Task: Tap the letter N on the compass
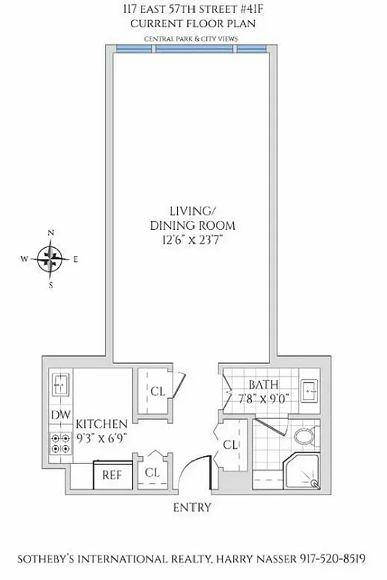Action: coord(51,233)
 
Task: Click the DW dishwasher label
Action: coord(60,415)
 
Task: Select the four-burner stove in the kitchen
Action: coord(60,442)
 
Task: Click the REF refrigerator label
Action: coord(111,475)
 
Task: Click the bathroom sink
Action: coord(311,389)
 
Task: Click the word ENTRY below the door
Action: coord(192,507)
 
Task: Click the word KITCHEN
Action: coord(102,423)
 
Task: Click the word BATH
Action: coord(263,384)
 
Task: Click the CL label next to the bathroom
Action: coord(232,444)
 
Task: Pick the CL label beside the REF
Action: coord(152,472)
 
